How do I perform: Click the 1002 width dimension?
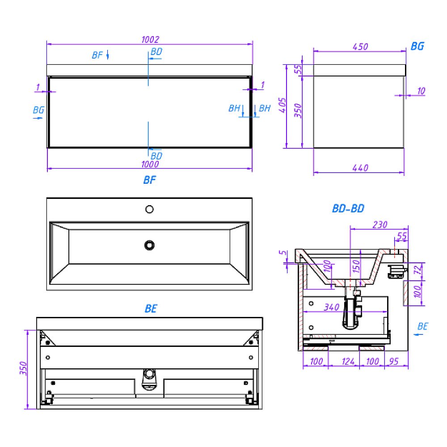coord(150,39)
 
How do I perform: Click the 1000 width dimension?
coord(150,164)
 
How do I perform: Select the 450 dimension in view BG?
coord(360,47)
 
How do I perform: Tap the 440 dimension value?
coord(360,168)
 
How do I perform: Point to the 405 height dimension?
coord(282,105)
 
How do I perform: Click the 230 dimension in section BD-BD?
coord(380,225)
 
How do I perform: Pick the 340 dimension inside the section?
coord(332,307)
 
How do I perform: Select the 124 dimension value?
coord(348,362)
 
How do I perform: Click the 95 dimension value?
coord(394,362)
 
